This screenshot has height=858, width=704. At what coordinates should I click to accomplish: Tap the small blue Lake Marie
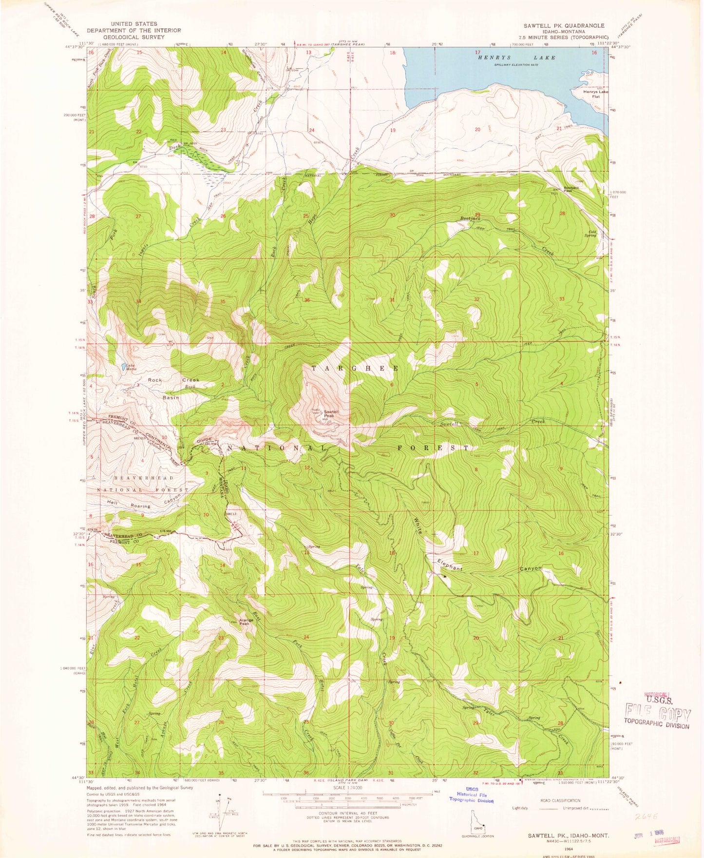pyautogui.click(x=121, y=366)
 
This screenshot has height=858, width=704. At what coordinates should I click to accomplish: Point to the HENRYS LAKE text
pyautogui.click(x=517, y=58)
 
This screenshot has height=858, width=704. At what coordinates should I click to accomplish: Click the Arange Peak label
pyautogui.click(x=245, y=622)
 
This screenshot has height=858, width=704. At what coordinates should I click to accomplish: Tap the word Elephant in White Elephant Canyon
pyautogui.click(x=449, y=568)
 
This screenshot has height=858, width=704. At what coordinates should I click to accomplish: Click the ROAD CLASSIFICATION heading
pyautogui.click(x=560, y=800)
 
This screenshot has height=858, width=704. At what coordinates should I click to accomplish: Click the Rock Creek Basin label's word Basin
pyautogui.click(x=171, y=397)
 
